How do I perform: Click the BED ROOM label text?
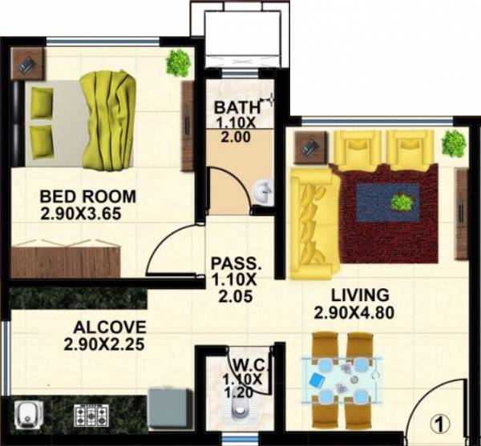tap(87, 196)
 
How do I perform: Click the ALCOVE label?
tap(110, 327)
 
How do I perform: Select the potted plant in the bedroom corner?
tap(178, 62)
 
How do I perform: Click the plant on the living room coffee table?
tap(402, 203)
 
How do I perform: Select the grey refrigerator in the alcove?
tap(170, 410)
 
